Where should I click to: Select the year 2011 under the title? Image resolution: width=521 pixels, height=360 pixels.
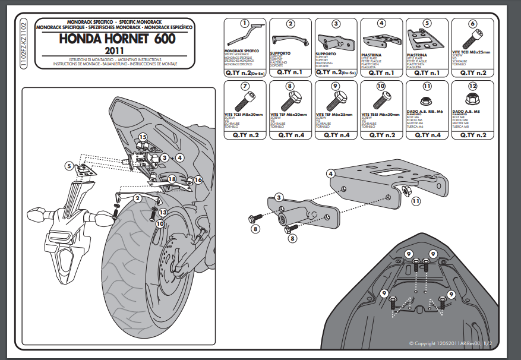(x=118, y=50)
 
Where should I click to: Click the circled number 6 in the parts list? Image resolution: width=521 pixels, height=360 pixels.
(x=472, y=24)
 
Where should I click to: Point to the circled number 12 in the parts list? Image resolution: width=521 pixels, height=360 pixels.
(x=472, y=86)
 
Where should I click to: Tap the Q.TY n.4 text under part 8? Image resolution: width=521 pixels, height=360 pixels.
(x=290, y=135)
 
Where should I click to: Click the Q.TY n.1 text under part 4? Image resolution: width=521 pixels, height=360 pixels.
(x=381, y=72)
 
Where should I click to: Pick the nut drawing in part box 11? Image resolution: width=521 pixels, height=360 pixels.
(x=427, y=100)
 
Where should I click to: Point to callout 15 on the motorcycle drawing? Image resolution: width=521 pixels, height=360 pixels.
(x=143, y=138)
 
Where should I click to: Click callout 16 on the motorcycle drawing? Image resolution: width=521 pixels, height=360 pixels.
(x=198, y=179)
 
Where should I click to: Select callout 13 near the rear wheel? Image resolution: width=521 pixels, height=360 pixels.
(x=163, y=212)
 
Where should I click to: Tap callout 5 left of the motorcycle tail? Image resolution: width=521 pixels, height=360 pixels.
(x=70, y=166)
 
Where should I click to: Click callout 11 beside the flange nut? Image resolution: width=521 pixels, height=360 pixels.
(x=415, y=202)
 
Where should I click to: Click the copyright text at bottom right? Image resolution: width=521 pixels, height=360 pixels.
(x=451, y=344)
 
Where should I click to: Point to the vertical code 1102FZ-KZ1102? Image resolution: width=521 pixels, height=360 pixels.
(x=23, y=44)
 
